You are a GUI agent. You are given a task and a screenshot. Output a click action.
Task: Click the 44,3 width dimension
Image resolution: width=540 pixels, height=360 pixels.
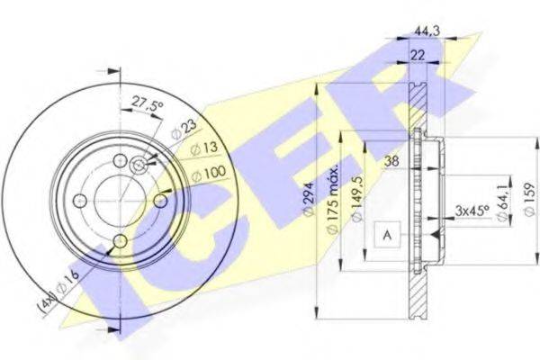pyautogui.click(x=427, y=31)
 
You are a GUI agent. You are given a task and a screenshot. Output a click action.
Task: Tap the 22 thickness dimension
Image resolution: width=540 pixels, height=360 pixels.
pyautogui.click(x=418, y=56)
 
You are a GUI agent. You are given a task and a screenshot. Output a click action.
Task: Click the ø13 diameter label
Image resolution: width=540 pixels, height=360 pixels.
pyautogui.click(x=204, y=148)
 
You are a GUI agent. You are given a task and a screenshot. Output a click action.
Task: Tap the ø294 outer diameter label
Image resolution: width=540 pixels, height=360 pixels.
pyautogui.click(x=309, y=200)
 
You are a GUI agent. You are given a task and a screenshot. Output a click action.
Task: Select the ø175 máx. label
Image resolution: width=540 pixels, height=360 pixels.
pyautogui.click(x=333, y=199)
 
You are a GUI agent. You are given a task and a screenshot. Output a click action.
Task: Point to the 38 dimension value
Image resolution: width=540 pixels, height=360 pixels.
pyautogui.click(x=391, y=161)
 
